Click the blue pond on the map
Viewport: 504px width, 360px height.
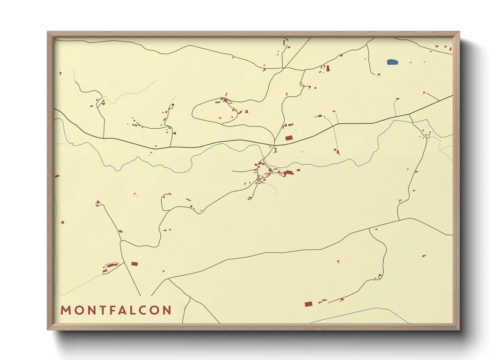[393, 62]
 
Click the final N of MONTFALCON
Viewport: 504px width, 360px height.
[167, 310]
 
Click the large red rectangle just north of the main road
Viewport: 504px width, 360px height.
[289, 138]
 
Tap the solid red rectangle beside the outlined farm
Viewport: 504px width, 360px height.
[135, 264]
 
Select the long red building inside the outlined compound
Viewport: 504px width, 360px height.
[111, 265]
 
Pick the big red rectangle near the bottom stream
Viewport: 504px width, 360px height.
[309, 304]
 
